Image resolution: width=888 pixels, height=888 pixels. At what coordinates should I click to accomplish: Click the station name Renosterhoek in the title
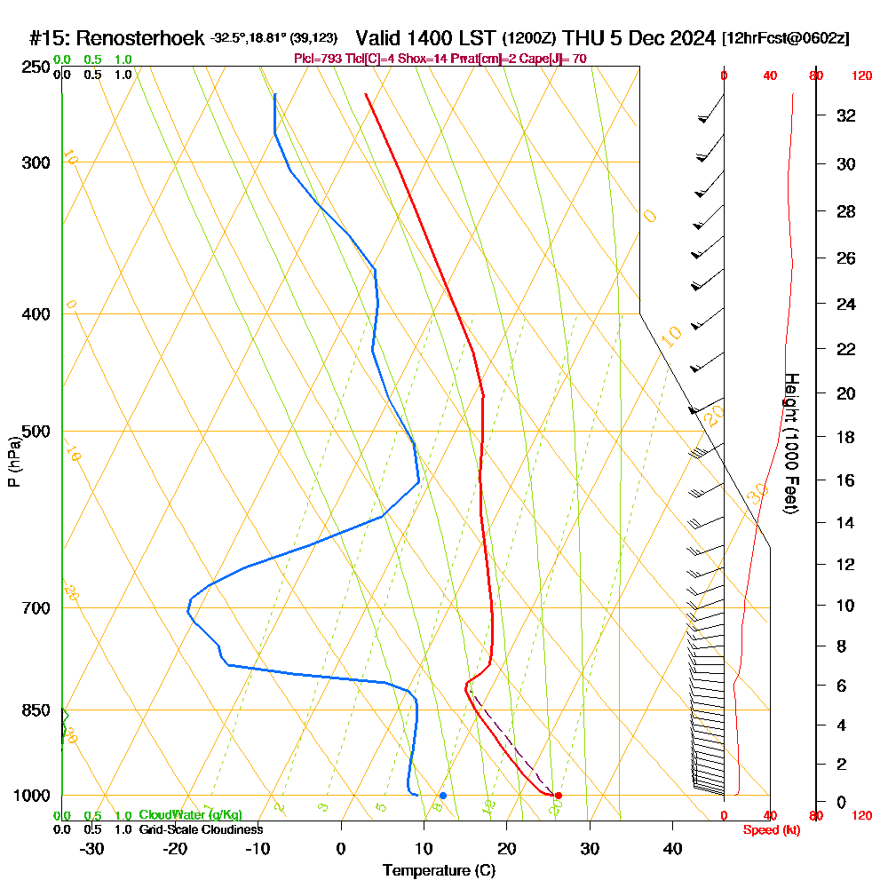coord(142,38)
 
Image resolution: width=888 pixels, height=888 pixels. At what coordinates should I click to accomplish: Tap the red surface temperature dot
coord(559,796)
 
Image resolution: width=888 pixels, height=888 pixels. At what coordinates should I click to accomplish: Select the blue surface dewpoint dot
coord(443,796)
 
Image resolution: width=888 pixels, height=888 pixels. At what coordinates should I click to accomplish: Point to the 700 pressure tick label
coord(36,608)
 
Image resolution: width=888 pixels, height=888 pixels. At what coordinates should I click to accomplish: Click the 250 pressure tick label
coord(36,67)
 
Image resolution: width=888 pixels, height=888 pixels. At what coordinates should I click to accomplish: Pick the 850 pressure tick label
coord(36,710)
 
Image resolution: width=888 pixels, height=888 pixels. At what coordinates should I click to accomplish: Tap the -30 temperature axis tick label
coord(92,848)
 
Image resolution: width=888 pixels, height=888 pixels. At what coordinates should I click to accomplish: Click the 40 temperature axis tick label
coord(673,848)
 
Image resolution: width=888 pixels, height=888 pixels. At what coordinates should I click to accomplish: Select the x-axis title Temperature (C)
coord(439,871)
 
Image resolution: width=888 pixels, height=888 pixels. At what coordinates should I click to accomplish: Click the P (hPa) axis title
coord(13,461)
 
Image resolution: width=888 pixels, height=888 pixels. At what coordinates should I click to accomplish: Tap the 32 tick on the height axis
coord(846,115)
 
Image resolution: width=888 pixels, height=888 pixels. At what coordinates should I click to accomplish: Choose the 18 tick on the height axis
coord(846,437)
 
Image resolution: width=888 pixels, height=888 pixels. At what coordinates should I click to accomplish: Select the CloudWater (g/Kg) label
coord(190,815)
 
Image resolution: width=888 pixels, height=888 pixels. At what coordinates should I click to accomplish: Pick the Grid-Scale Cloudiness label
coord(201,829)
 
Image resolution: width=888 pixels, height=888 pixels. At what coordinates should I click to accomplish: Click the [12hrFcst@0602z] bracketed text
coord(786,38)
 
